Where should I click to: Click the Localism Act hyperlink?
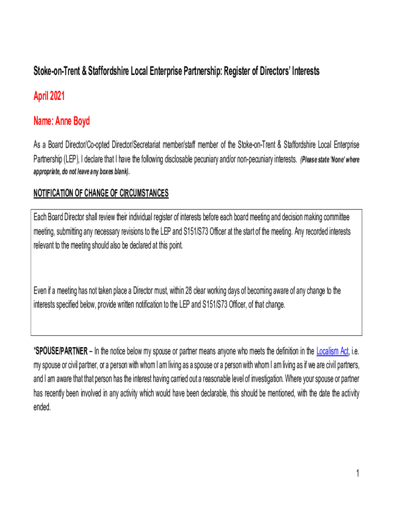click(332, 351)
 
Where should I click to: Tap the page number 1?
click(358, 474)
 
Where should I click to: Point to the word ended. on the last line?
click(42, 407)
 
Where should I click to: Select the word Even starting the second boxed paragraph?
click(41, 291)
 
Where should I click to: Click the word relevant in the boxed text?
click(45, 246)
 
